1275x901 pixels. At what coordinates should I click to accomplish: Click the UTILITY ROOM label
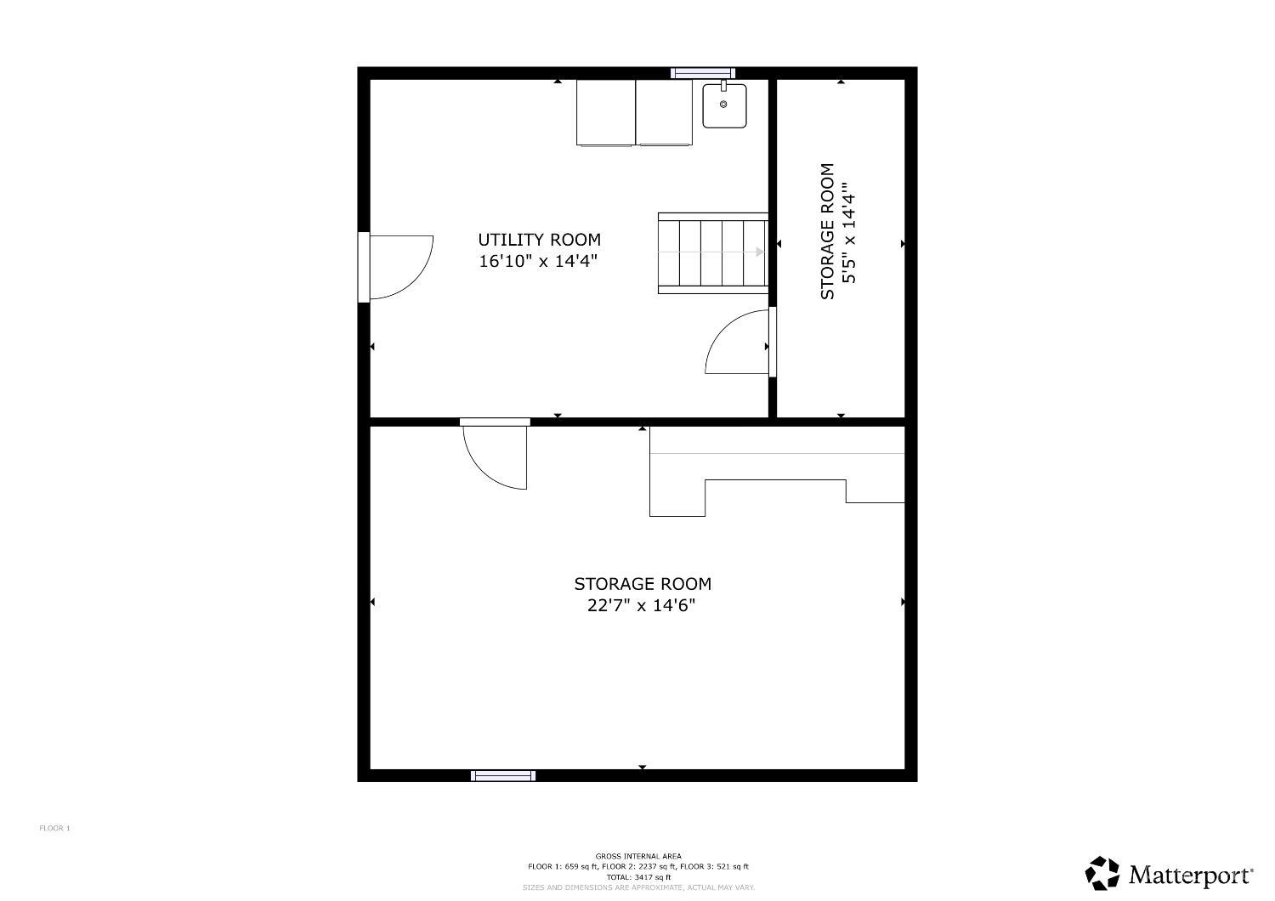[x=539, y=240]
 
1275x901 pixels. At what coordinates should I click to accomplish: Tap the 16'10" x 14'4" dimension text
[x=538, y=261]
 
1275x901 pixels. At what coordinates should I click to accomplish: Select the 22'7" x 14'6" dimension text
[x=642, y=605]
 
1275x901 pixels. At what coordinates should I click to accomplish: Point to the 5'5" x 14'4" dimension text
[x=848, y=233]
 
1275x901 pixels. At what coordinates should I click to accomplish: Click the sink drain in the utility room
[x=723, y=105]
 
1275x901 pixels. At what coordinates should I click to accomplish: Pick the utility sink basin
[x=724, y=106]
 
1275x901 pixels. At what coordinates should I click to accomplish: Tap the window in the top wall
[x=703, y=73]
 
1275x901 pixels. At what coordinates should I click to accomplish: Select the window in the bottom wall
[x=503, y=775]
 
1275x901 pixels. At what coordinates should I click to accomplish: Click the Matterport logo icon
[x=1102, y=873]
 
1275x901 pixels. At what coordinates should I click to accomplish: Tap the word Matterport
[x=1192, y=875]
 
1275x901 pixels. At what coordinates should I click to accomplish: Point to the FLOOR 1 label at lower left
[x=54, y=828]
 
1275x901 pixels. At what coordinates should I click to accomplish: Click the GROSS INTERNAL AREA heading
[x=638, y=856]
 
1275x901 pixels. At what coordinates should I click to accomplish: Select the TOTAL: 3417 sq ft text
[x=638, y=877]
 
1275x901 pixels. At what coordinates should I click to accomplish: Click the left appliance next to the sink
[x=605, y=113]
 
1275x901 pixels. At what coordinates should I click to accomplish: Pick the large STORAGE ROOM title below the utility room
[x=643, y=583]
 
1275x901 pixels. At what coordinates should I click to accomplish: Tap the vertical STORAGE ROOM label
[x=827, y=231]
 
